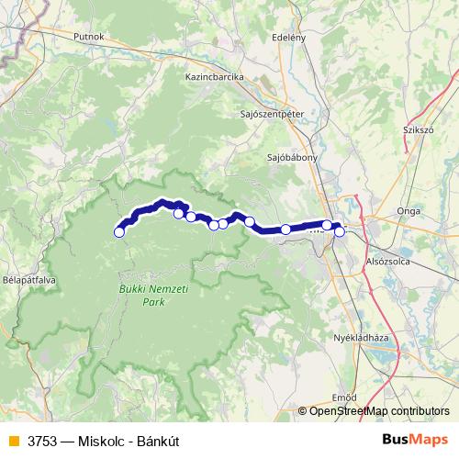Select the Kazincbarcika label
click(214, 78)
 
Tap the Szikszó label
click(418, 130)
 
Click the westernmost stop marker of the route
click(118, 232)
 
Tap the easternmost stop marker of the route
click(339, 231)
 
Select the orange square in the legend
click(13, 441)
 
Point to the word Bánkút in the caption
click(156, 441)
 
